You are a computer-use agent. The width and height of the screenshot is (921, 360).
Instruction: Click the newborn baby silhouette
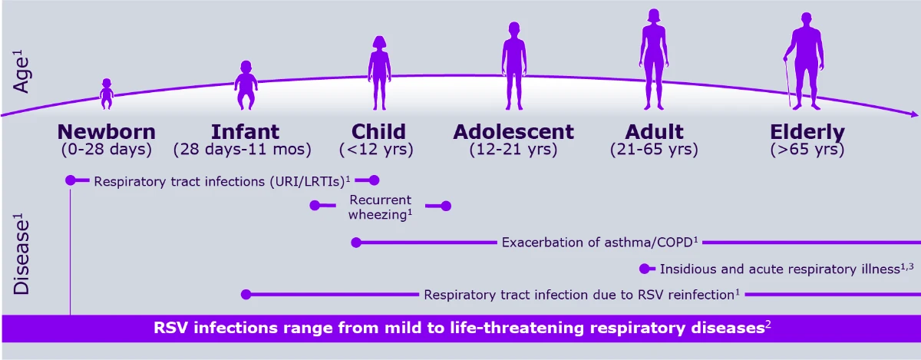tap(107, 92)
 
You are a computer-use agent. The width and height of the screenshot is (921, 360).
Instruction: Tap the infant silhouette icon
tap(246, 85)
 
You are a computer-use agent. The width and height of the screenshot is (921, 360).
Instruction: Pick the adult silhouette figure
tap(654, 59)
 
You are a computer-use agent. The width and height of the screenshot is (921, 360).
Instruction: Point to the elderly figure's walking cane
tap(786, 83)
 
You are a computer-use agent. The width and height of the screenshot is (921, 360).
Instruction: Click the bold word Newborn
tap(106, 131)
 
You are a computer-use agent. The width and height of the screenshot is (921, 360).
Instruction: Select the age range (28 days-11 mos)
tap(243, 150)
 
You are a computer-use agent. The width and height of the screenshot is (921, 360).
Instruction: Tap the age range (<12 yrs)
tap(377, 150)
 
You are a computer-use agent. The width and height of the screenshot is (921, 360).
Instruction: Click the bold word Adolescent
tap(513, 131)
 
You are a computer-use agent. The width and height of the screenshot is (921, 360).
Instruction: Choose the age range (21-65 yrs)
tap(654, 150)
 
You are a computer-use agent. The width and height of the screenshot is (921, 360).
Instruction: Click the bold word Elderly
tap(807, 131)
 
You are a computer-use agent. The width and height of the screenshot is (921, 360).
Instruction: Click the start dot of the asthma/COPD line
tap(355, 243)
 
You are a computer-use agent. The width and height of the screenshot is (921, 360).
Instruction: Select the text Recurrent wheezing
tap(380, 206)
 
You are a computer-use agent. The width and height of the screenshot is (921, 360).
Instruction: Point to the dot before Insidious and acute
tap(644, 269)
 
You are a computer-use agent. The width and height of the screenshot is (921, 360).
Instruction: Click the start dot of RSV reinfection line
tap(246, 294)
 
